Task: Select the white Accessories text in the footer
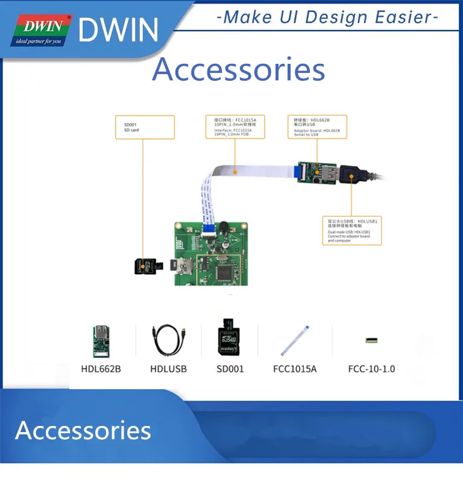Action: pyautogui.click(x=83, y=430)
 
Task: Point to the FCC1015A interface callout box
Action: pyautogui.click(x=235, y=127)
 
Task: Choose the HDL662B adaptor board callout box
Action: pyautogui.click(x=317, y=127)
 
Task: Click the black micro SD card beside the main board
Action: pyautogui.click(x=146, y=266)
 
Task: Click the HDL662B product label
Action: pyautogui.click(x=101, y=368)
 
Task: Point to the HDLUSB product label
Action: pyautogui.click(x=170, y=368)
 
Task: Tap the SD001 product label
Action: pyautogui.click(x=230, y=368)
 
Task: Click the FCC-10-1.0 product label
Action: pyautogui.click(x=371, y=368)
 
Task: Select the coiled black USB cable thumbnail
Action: pyautogui.click(x=169, y=340)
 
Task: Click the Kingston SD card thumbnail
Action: pyautogui.click(x=230, y=339)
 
